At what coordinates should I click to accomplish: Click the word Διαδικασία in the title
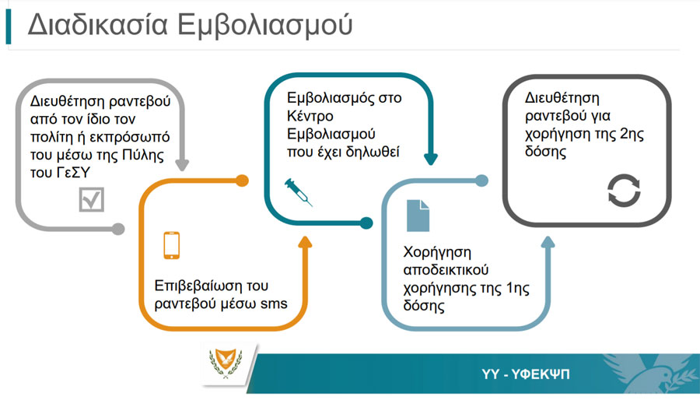pyautogui.click(x=98, y=24)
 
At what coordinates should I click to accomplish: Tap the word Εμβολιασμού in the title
pyautogui.click(x=265, y=25)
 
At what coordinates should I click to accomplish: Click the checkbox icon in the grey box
pyautogui.click(x=92, y=199)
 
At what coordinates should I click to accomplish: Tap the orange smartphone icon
pyautogui.click(x=172, y=245)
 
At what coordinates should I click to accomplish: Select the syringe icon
pyautogui.click(x=298, y=192)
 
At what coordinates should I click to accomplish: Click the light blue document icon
pyautogui.click(x=418, y=216)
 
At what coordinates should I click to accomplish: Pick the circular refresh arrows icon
pyautogui.click(x=624, y=190)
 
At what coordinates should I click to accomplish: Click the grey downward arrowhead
pyautogui.click(x=182, y=165)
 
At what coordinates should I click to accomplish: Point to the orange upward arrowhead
pyautogui.click(x=306, y=242)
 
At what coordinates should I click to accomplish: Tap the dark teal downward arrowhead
pyautogui.click(x=431, y=159)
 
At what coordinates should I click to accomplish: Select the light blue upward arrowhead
pyautogui.click(x=548, y=242)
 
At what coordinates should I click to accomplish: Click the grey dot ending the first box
pyautogui.click(x=118, y=229)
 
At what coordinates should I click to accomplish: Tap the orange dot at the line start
pyautogui.click(x=242, y=181)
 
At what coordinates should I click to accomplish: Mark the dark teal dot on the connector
pyautogui.click(x=366, y=223)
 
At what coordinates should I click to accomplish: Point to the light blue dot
pyautogui.click(x=481, y=181)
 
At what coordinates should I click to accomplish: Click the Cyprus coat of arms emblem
pyautogui.click(x=226, y=363)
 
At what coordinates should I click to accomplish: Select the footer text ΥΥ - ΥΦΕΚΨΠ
pyautogui.click(x=526, y=374)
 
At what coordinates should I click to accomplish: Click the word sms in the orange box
pyautogui.click(x=274, y=304)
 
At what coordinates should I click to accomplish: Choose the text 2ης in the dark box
pyautogui.click(x=632, y=134)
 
